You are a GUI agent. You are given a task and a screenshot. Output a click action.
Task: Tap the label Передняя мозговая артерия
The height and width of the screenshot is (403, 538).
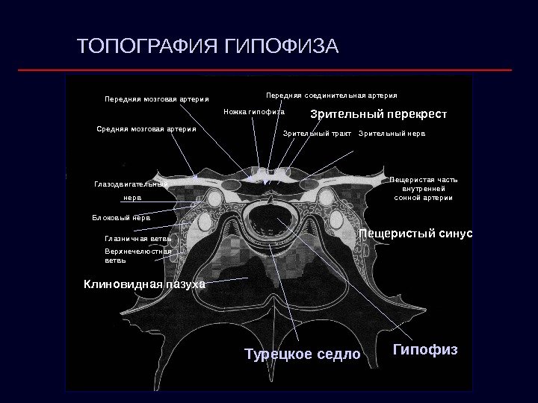click(157, 99)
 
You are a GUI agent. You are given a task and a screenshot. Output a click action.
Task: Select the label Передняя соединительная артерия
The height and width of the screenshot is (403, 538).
click(332, 96)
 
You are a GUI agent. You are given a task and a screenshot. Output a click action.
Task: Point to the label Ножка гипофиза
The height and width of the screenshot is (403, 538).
click(254, 113)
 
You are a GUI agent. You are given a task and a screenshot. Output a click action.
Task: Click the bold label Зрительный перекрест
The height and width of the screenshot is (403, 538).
click(378, 115)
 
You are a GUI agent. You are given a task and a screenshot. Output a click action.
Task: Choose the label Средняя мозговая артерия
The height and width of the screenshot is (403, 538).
click(146, 128)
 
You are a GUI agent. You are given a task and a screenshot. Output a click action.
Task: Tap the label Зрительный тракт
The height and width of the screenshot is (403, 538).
click(317, 134)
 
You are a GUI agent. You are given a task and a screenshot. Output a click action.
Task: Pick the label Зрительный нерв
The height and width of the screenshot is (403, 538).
click(392, 134)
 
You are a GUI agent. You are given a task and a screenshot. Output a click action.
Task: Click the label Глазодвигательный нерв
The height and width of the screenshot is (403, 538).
click(132, 190)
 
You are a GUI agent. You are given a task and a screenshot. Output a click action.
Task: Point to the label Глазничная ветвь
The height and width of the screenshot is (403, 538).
click(138, 239)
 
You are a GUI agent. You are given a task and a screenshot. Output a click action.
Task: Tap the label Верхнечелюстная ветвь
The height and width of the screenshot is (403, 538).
click(138, 256)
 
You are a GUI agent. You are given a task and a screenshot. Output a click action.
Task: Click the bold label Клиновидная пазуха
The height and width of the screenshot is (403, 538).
click(144, 284)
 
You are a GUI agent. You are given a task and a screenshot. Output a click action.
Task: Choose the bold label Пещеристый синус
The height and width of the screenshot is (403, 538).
click(415, 234)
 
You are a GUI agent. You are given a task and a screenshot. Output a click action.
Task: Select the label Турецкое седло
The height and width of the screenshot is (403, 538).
click(302, 353)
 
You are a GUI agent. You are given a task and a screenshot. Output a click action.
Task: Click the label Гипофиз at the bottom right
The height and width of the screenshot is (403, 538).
click(425, 349)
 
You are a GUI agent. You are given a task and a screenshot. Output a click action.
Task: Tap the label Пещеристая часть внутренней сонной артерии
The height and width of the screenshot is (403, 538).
click(424, 189)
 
